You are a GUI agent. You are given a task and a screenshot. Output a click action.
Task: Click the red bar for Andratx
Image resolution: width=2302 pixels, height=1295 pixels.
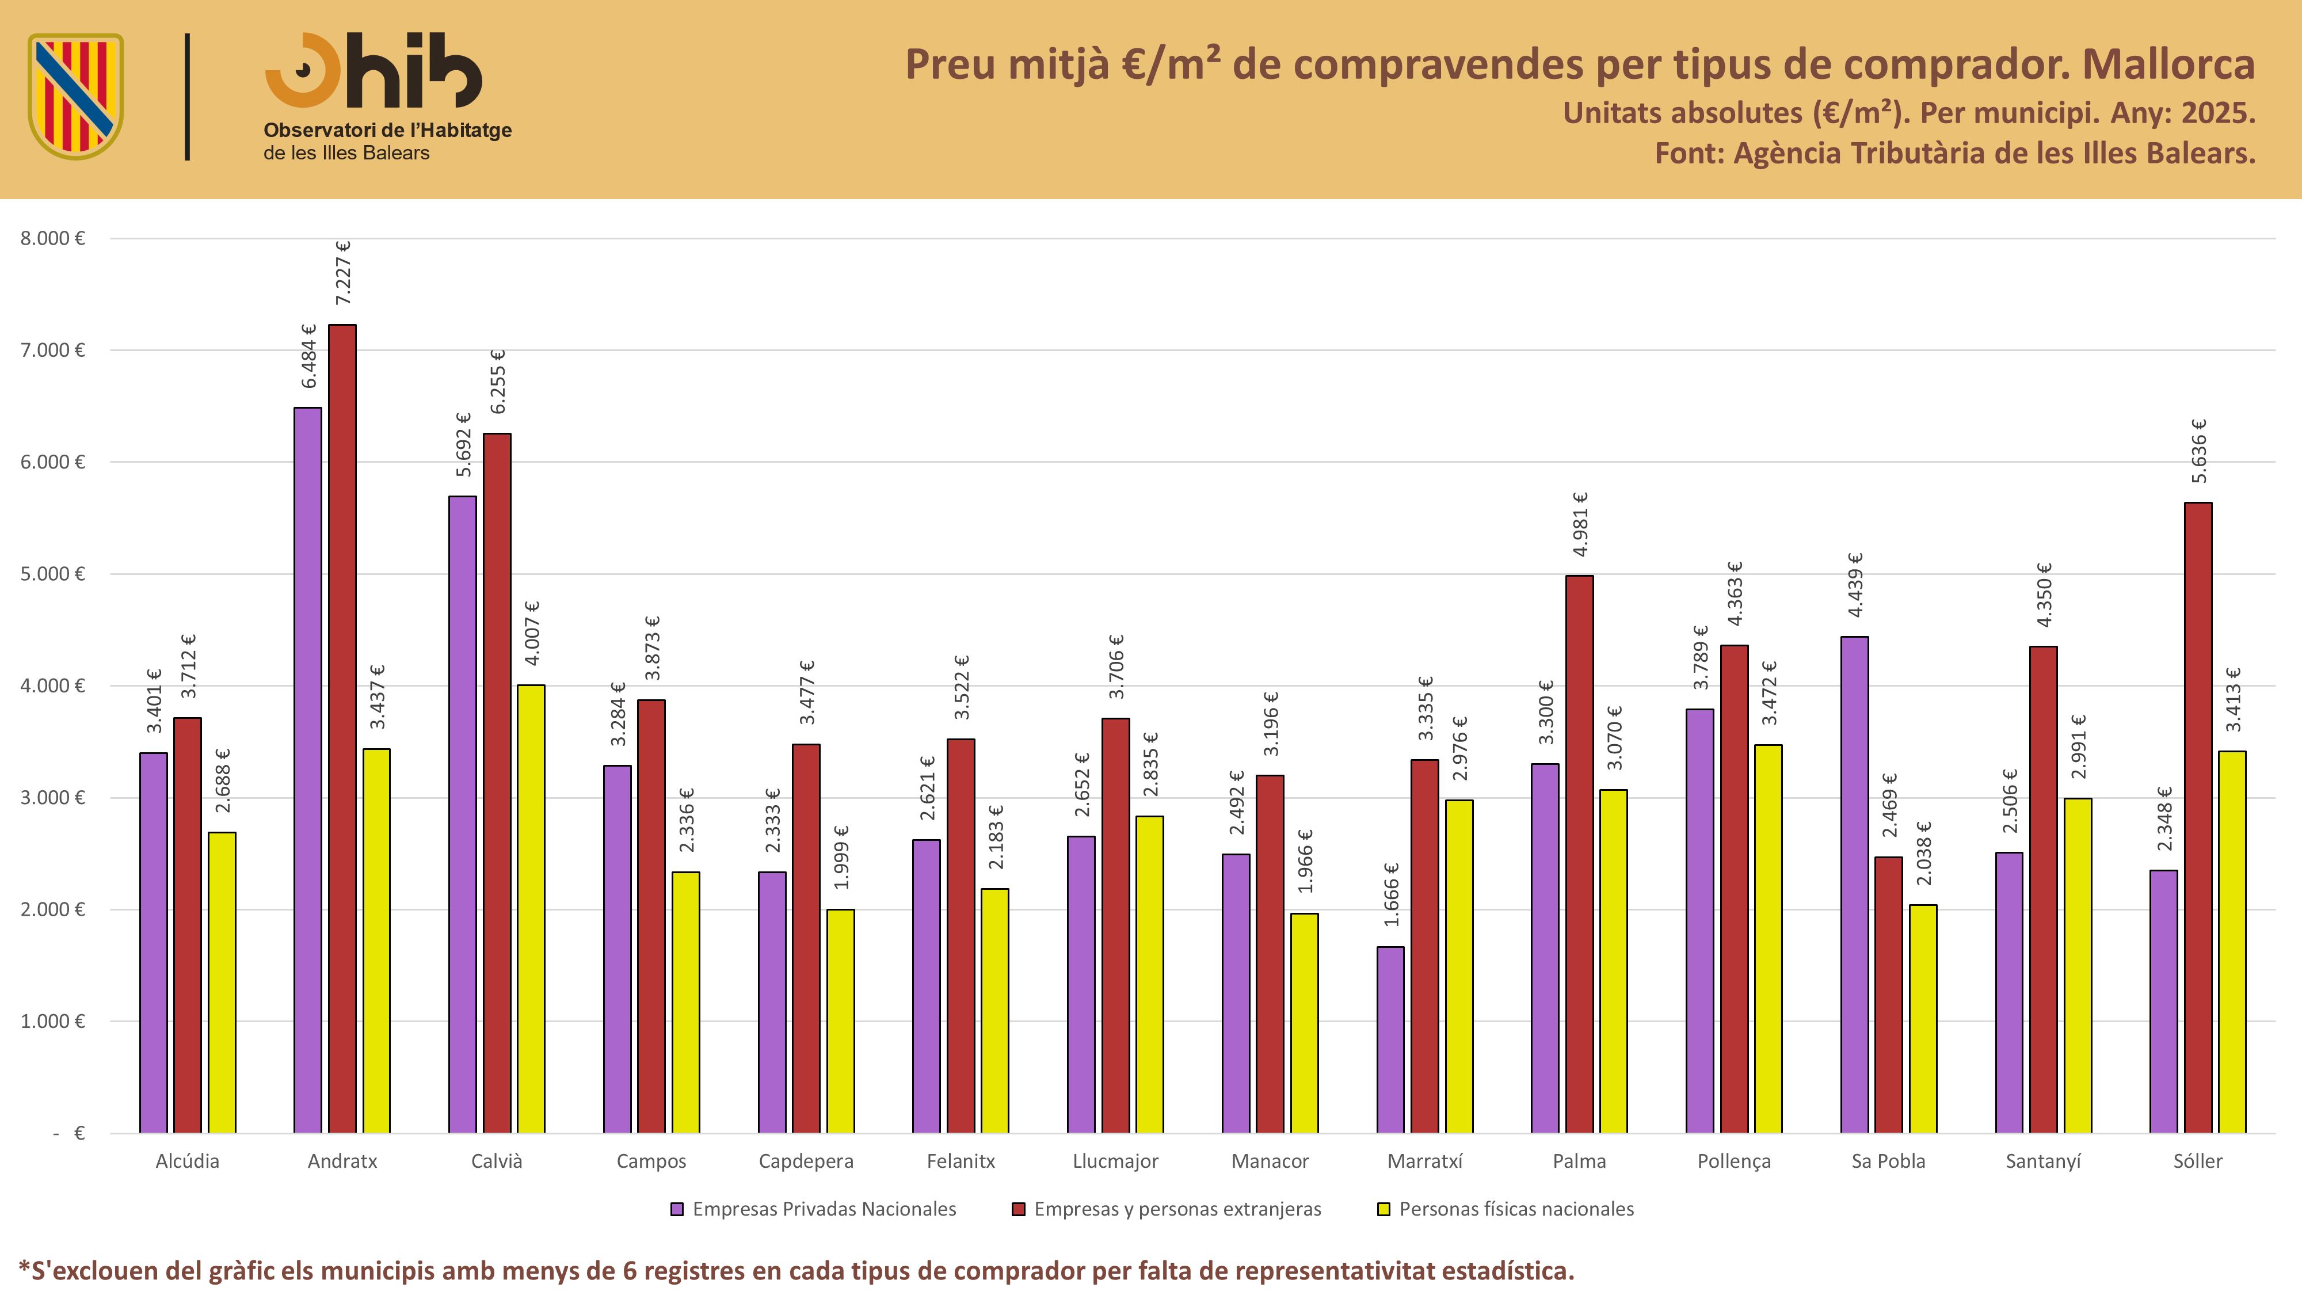click(342, 729)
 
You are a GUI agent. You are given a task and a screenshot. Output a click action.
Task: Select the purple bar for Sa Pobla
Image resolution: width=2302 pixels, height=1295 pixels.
click(1854, 885)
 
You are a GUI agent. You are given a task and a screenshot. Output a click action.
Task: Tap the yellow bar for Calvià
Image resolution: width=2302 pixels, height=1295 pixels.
click(531, 909)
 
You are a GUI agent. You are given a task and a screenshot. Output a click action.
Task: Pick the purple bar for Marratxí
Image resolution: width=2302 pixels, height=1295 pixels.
click(1390, 1039)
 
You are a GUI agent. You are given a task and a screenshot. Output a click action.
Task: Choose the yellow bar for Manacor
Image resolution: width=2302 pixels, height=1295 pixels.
click(1305, 1023)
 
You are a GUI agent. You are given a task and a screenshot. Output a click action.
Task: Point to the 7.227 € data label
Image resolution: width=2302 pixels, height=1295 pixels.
click(343, 273)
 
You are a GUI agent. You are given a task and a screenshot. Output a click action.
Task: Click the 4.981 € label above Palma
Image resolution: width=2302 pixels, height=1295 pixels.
click(1580, 524)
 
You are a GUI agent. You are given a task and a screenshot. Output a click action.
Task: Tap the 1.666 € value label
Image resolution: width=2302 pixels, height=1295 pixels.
click(1392, 894)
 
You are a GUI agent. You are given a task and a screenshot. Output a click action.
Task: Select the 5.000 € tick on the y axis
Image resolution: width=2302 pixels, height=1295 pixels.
click(53, 574)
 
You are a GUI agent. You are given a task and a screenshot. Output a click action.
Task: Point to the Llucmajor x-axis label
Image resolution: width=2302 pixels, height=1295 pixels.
click(1115, 1161)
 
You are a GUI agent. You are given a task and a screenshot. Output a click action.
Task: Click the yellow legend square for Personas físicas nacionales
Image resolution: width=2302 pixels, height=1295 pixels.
click(1384, 1210)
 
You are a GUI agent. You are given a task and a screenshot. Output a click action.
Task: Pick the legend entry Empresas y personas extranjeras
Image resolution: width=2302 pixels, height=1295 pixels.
click(1166, 1209)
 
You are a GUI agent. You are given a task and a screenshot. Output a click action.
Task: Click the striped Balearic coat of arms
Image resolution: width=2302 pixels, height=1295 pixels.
click(76, 97)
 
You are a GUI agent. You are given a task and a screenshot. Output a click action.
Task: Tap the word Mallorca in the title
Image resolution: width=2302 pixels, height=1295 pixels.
click(2169, 64)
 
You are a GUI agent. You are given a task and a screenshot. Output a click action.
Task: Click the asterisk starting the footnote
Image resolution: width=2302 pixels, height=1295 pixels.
click(24, 1267)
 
